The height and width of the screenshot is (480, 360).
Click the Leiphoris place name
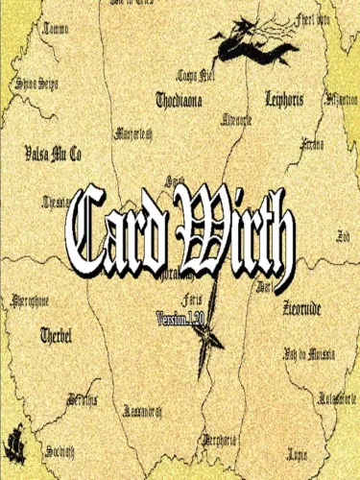290,98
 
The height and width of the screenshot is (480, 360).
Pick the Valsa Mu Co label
53,153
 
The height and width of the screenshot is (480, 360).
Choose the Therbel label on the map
57,335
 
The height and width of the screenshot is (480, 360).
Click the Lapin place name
298,450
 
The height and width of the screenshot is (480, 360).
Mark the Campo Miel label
193,75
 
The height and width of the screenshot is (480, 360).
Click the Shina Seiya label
36,84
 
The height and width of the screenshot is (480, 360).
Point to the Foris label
217,300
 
